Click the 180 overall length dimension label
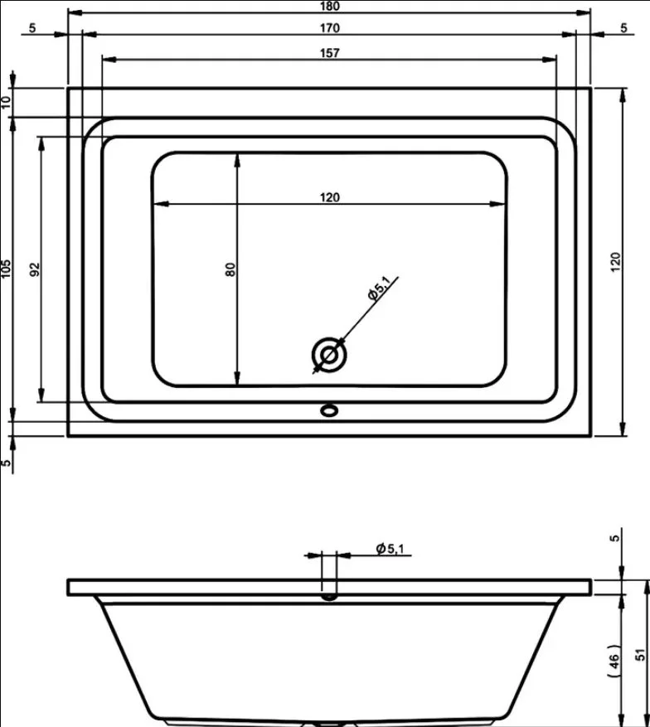click(330, 6)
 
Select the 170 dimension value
click(330, 28)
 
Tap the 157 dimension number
click(330, 53)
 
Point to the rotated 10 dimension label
click(6, 102)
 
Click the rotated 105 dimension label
click(6, 269)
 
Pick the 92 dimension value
click(35, 269)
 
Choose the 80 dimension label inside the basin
click(230, 269)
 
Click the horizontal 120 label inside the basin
click(330, 197)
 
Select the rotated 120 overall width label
click(615, 263)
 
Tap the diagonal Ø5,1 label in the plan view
click(379, 288)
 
